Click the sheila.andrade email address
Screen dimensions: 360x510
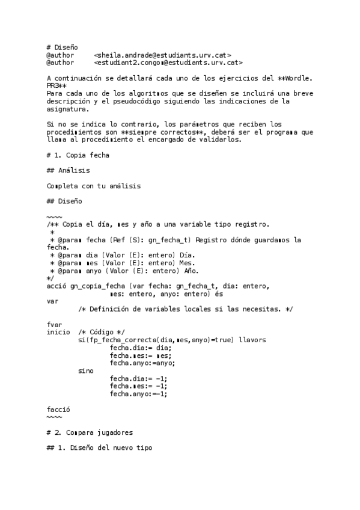pos(163,55)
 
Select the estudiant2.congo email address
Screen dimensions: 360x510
pos(169,62)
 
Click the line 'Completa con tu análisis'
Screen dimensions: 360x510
pos(93,186)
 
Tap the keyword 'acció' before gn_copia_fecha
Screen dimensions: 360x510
pos(56,286)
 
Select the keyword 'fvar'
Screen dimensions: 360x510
pos(54,324)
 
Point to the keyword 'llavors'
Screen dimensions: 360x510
pos(252,340)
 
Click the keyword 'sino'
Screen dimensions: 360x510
pos(86,370)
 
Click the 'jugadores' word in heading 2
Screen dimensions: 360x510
pos(114,432)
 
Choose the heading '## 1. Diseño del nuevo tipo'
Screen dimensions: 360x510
pos(99,448)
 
